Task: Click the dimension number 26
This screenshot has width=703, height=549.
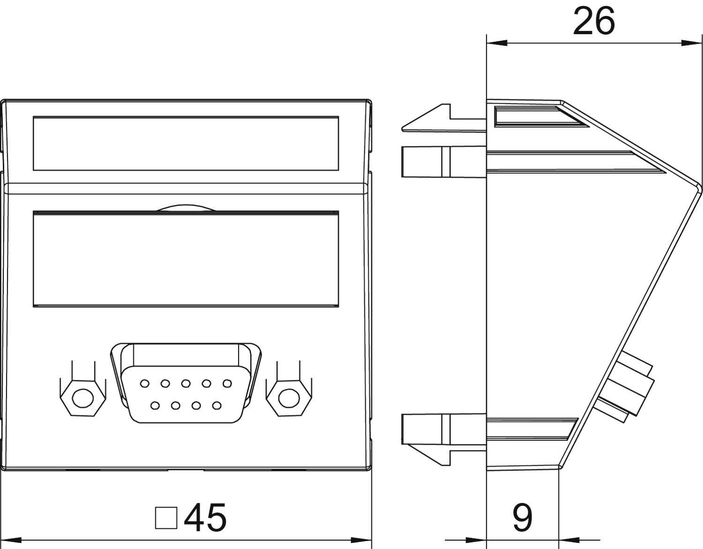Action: click(593, 21)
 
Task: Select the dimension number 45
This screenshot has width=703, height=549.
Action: click(205, 518)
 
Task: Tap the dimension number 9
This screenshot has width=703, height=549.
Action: click(522, 518)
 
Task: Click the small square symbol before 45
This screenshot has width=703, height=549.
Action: click(166, 518)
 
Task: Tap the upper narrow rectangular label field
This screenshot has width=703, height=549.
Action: click(186, 143)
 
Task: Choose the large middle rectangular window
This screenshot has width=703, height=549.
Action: click(186, 259)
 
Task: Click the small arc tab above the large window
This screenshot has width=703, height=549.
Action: click(186, 207)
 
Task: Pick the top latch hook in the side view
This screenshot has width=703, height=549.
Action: click(426, 120)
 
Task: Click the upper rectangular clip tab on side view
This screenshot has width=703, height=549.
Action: click(422, 162)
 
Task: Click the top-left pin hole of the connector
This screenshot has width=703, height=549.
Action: click(144, 384)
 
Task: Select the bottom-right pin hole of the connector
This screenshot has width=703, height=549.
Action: click(216, 404)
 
